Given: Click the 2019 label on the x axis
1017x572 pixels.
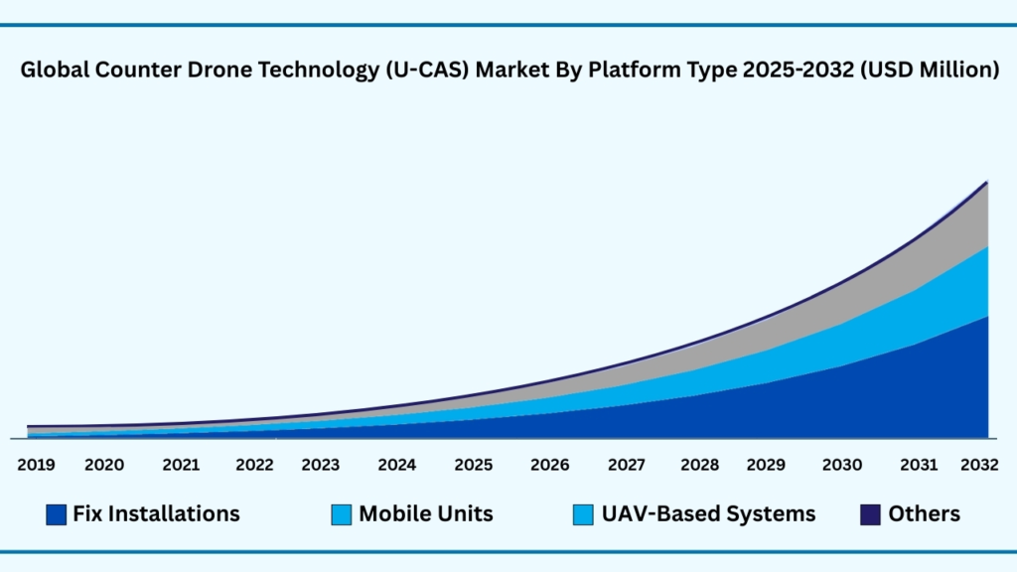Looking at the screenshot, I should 35,465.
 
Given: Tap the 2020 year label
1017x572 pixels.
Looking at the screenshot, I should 104,465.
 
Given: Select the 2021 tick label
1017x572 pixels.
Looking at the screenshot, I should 181,465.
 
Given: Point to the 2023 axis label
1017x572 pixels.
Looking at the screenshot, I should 321,465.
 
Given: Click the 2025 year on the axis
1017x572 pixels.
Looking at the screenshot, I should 474,465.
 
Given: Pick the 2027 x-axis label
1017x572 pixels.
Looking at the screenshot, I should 627,465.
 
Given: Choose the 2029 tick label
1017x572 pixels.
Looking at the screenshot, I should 765,465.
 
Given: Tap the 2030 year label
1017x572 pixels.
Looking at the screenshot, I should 842,465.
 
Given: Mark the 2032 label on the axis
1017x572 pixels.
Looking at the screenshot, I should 979,465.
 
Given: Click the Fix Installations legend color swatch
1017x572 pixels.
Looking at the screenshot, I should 57,514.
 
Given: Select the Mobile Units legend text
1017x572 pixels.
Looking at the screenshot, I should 426,514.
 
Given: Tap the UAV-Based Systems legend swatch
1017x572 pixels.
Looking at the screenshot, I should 583,514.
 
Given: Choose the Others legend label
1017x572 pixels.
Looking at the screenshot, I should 925,514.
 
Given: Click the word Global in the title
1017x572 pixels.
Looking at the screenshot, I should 52,71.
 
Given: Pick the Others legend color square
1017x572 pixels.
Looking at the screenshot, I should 870,514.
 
